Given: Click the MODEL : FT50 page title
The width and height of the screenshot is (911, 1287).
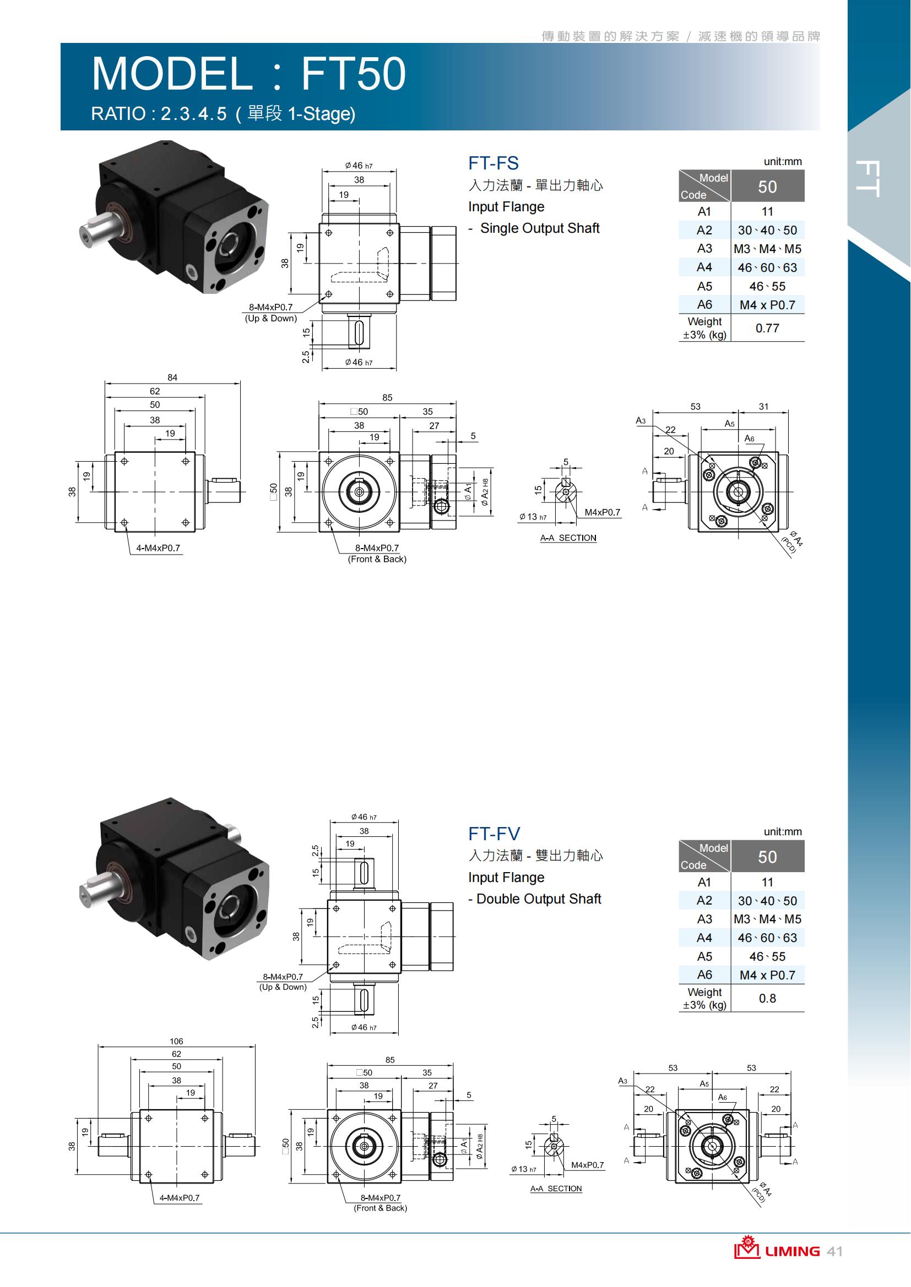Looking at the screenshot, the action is pos(248,73).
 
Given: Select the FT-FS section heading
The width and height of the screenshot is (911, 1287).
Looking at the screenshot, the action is pos(493,163).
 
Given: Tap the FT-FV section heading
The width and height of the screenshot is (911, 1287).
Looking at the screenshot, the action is pos(494,834).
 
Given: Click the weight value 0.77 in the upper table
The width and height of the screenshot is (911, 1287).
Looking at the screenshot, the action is pos(767,328).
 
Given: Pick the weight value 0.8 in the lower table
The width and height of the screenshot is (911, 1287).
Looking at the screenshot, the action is pos(767,998).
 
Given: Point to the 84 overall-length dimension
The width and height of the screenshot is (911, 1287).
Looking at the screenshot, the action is pos(172,377).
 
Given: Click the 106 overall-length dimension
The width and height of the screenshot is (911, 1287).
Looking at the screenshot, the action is pos(176,1041).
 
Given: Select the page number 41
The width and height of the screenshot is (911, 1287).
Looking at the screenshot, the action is pos(834,1251).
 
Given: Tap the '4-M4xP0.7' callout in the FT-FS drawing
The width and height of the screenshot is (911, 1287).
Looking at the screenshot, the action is pos(158,547).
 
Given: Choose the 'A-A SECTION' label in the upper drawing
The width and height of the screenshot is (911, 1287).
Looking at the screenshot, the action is pos(568,538).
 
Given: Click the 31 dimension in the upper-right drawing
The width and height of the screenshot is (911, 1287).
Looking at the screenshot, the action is pos(763,407).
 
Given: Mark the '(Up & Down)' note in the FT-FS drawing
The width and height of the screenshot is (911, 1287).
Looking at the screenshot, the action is pos(270,319).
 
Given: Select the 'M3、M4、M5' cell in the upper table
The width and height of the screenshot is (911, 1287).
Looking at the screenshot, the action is pos(767,249).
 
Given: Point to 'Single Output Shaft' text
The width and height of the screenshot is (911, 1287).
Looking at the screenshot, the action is pos(540,228).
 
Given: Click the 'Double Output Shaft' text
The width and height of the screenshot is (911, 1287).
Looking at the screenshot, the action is pos(539,899).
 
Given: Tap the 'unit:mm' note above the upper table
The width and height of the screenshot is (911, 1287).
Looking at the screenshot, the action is pos(783,161).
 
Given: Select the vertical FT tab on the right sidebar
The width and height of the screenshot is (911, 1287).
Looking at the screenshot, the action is pos(868,179).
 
